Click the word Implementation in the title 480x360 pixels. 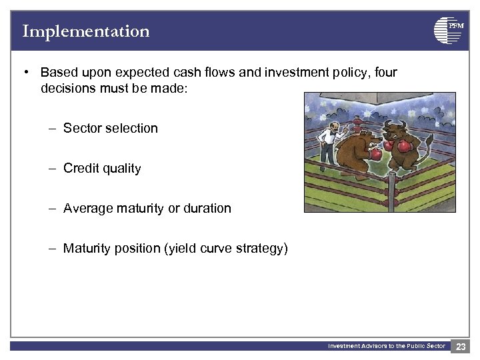point(85,31)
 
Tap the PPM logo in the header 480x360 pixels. point(448,31)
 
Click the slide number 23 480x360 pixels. point(461,346)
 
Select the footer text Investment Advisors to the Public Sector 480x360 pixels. point(386,346)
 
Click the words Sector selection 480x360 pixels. point(110,128)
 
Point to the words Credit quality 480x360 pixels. point(102,168)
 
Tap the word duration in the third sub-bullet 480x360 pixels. point(207,208)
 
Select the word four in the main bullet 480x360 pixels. point(385,72)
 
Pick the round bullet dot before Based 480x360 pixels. point(25,72)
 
